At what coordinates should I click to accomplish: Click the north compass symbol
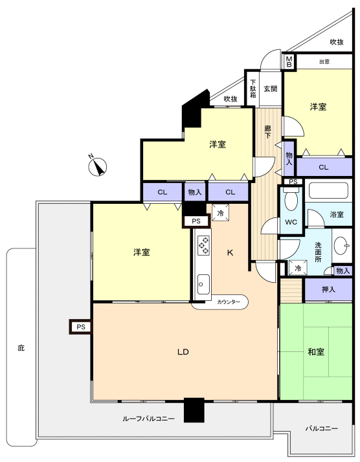(98, 166)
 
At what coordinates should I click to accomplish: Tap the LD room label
(183, 352)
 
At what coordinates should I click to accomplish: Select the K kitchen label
(230, 252)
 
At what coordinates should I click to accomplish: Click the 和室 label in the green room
(316, 351)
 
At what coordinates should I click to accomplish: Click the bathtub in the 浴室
(328, 191)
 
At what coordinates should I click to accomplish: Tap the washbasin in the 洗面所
(342, 245)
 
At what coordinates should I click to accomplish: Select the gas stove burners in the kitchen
(204, 245)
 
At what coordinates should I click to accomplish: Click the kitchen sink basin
(203, 285)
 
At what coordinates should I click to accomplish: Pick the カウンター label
(229, 302)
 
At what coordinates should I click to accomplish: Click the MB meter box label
(289, 61)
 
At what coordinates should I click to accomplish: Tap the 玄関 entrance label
(271, 89)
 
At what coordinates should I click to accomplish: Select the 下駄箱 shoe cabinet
(253, 88)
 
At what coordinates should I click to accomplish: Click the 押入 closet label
(328, 289)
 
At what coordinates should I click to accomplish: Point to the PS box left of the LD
(81, 327)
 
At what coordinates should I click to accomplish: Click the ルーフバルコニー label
(149, 419)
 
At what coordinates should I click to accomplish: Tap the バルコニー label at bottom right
(321, 428)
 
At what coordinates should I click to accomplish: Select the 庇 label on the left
(21, 348)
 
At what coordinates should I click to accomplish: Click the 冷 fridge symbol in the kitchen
(221, 213)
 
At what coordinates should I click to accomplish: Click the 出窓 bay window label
(324, 61)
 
